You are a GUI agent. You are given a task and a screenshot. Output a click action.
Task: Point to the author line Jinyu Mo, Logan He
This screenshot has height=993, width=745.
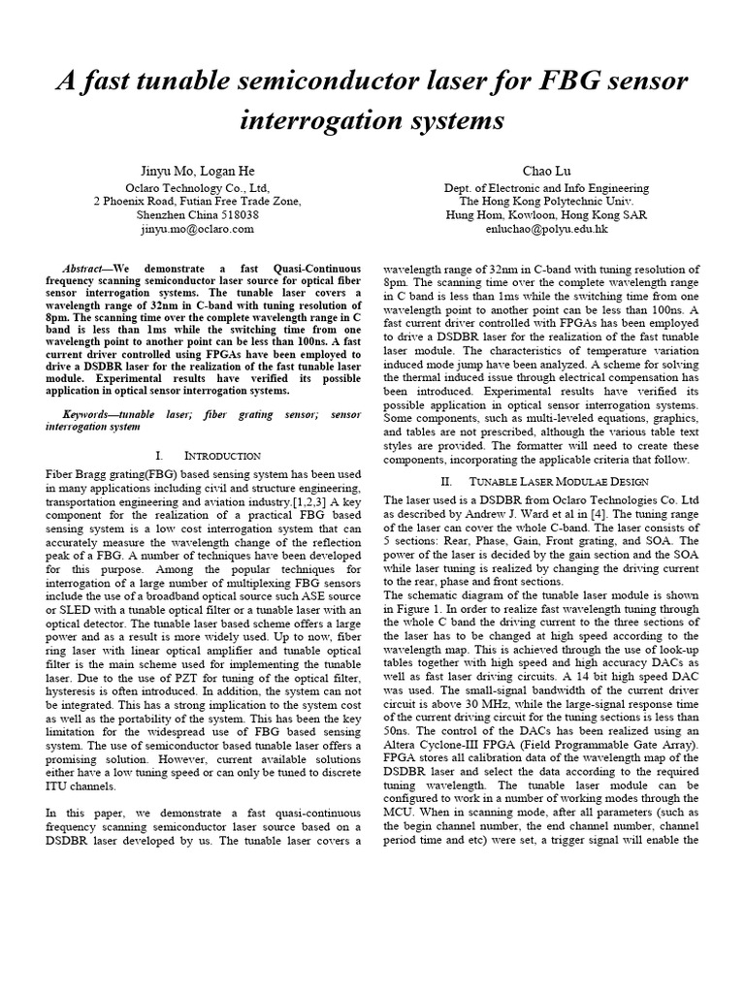coord(196,171)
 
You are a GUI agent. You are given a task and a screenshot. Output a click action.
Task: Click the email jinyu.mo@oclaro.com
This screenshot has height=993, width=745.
coord(197,229)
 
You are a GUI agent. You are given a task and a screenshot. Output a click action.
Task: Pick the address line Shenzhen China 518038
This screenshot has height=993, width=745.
coord(197,215)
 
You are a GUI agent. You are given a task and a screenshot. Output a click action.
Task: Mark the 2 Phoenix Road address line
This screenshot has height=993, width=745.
coord(197,202)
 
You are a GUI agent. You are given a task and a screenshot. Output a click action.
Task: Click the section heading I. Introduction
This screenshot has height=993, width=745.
coord(208,455)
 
